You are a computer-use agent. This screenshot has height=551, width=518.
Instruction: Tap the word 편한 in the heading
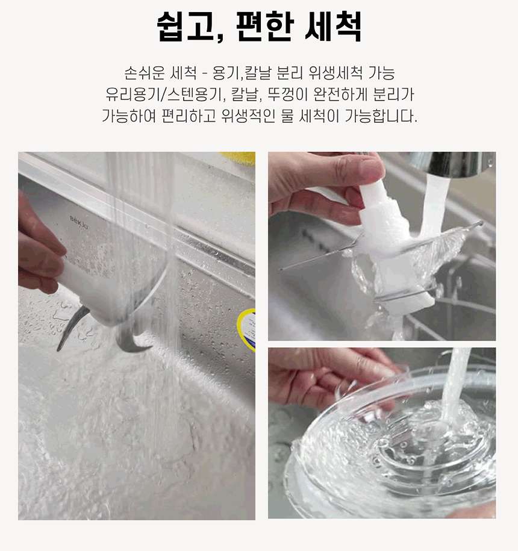pyautogui.click(x=264, y=26)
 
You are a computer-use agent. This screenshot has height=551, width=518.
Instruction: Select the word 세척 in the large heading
pyautogui.click(x=333, y=26)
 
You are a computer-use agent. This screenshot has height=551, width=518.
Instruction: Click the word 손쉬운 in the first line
pyautogui.click(x=145, y=73)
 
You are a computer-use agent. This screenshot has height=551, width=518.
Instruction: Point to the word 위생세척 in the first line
pyautogui.click(x=335, y=73)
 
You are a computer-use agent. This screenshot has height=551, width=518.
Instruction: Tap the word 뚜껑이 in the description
pyautogui.click(x=287, y=94)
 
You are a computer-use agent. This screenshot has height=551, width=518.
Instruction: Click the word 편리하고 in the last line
pyautogui.click(x=189, y=116)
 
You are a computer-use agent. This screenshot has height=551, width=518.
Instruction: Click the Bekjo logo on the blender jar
pyautogui.click(x=79, y=222)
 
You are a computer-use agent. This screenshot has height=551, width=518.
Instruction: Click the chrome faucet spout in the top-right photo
pyautogui.click(x=457, y=164)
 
